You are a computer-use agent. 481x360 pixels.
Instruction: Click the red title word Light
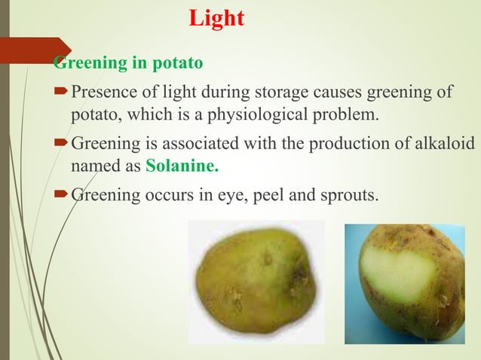click(x=216, y=18)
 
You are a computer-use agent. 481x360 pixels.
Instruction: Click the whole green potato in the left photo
click(x=254, y=280)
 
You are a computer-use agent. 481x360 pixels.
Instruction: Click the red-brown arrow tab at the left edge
click(x=34, y=50)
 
